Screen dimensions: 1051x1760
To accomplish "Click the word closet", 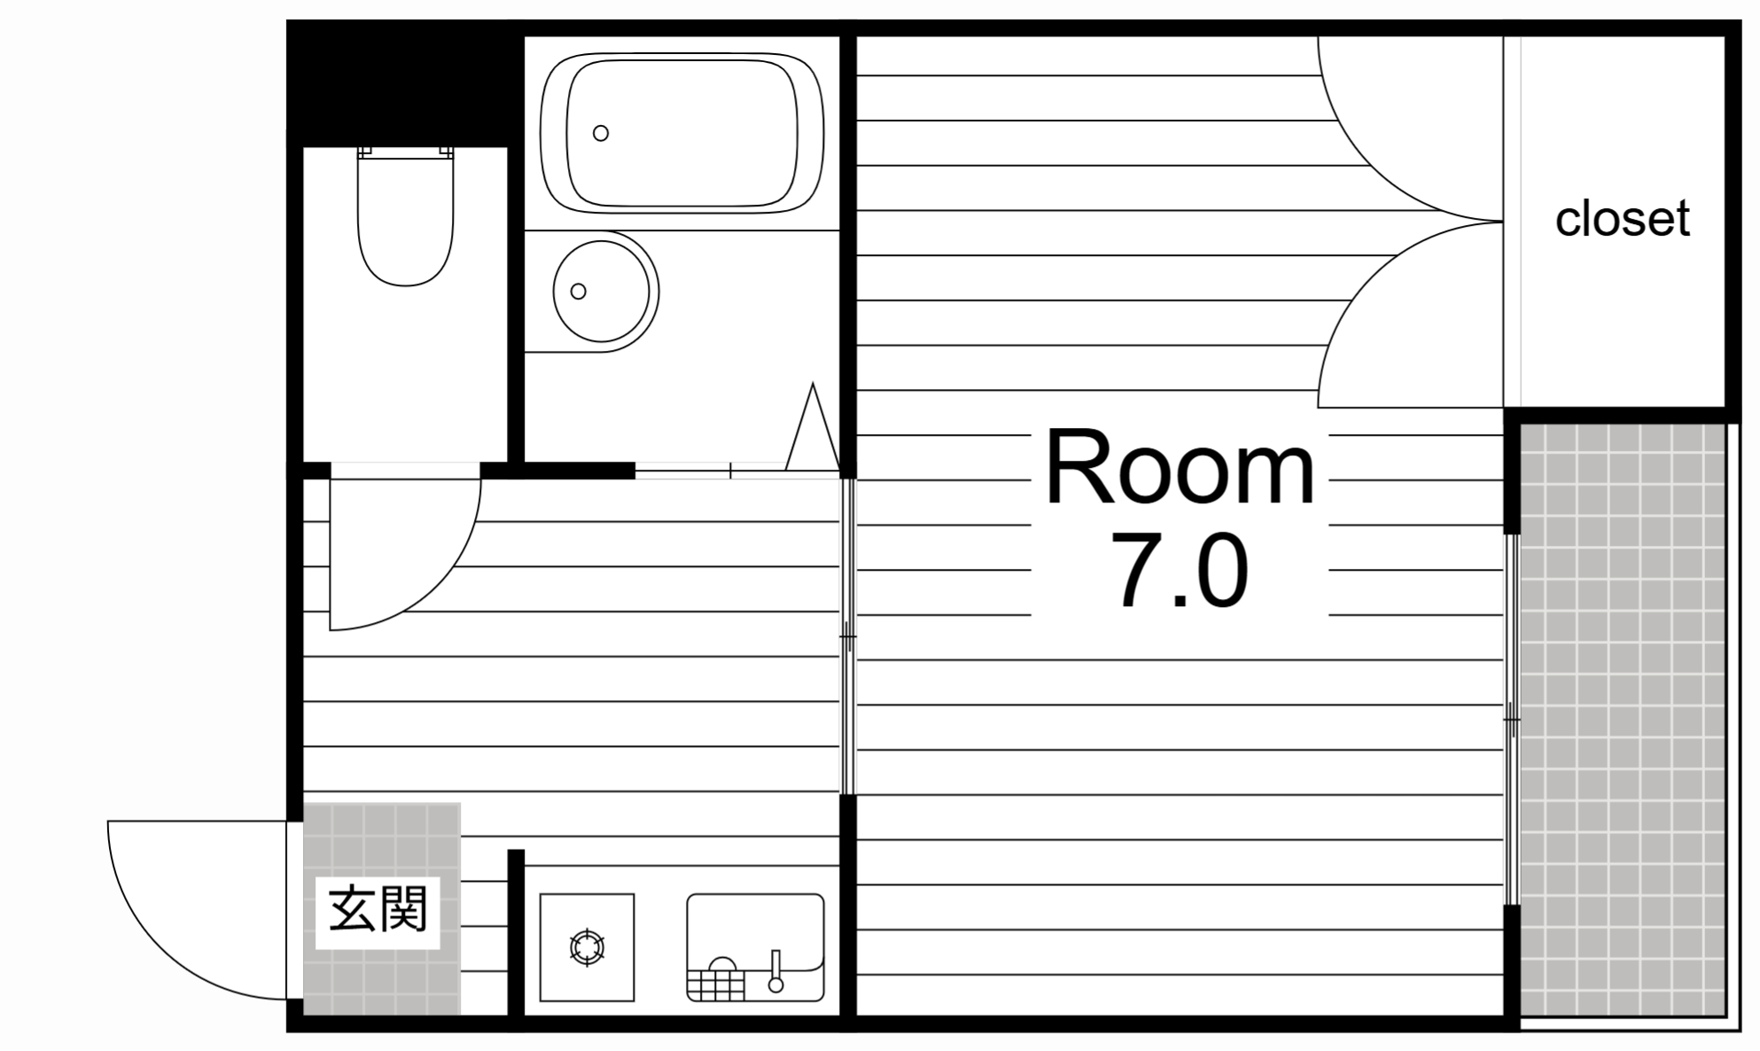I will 1622,219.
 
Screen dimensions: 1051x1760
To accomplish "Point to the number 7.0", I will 1180,572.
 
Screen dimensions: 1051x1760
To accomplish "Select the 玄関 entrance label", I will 378,910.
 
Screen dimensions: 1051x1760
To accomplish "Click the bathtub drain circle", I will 601,134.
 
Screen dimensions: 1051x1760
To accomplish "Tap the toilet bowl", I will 405,230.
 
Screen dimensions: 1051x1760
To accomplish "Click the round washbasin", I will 605,291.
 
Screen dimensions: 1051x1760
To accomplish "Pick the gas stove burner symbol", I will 587,947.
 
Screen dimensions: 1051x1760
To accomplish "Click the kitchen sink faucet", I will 776,970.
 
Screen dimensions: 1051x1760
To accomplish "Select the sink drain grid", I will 716,985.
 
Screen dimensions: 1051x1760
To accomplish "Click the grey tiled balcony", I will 1622,718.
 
